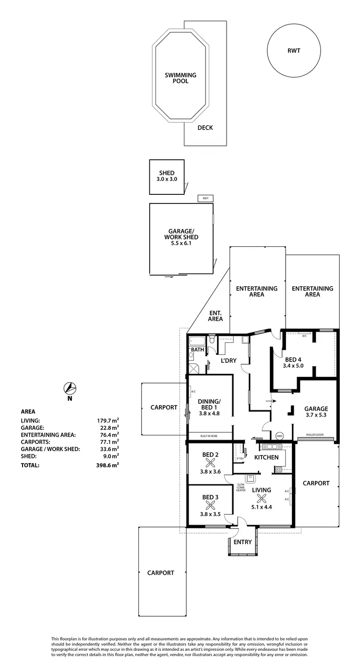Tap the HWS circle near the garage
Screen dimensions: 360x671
[280, 436]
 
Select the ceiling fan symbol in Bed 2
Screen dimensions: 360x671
[210, 463]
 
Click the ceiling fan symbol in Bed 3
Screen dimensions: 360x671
[210, 505]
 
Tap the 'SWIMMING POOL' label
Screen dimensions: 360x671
[180, 78]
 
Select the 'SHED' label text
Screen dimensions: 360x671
[167, 173]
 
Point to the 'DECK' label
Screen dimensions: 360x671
[205, 128]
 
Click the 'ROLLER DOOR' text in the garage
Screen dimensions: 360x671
[314, 435]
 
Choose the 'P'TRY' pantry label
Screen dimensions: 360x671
[240, 459]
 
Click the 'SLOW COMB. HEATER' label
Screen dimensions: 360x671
[240, 487]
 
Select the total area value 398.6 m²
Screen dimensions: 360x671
[108, 465]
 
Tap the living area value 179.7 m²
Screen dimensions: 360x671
[108, 420]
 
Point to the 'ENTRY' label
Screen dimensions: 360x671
[242, 542]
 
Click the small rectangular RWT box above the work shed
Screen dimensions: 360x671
[205, 198]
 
